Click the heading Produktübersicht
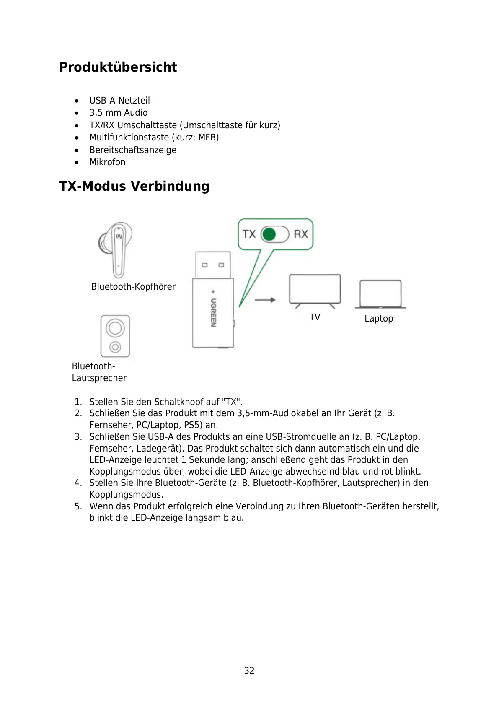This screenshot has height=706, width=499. pos(118,67)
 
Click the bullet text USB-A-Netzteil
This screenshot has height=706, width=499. pos(119,101)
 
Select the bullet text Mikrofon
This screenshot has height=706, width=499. pos(107,162)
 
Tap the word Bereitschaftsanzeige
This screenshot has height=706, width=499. pos(133,150)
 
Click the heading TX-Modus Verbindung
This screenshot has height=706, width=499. pos(134,186)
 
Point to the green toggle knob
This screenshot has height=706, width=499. pos(269,234)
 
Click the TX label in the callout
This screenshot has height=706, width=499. pos(249,234)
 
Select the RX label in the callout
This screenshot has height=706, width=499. pos(301,234)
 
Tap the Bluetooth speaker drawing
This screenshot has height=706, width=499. pos(115,336)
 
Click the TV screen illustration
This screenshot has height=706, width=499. pos(315,289)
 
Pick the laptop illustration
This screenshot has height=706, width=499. pos(380,294)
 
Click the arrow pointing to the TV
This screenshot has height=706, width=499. pos(265,300)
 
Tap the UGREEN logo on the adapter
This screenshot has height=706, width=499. pos(213,312)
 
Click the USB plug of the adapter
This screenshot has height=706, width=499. pos(213,264)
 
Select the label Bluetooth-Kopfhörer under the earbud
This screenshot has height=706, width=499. pos(133,287)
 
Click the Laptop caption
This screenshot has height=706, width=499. pos(379,319)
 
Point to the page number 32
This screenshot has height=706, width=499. pos(249,670)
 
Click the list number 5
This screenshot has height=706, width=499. pos(78,506)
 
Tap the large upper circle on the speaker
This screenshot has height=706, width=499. pos(115,327)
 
